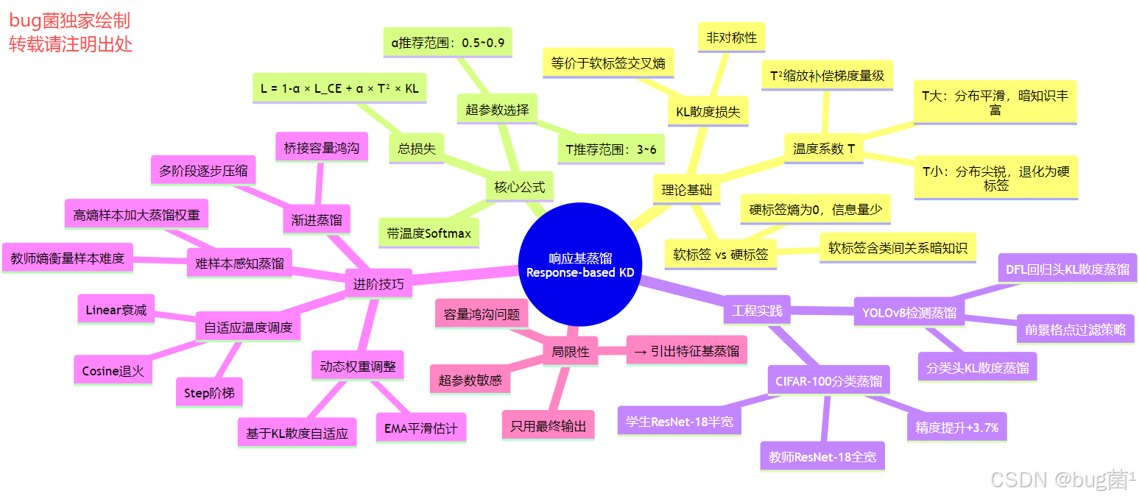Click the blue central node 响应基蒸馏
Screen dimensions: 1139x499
pos(580,265)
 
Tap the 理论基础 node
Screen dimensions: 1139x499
pos(686,189)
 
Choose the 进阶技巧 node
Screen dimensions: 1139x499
pos(378,283)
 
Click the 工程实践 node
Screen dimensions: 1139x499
pos(757,310)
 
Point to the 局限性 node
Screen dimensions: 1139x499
pos(571,352)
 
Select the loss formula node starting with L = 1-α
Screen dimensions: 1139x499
pos(339,88)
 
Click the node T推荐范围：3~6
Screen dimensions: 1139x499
pos(610,149)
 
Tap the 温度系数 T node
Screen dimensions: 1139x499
pos(823,149)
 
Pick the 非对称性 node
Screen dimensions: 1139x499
pos(731,37)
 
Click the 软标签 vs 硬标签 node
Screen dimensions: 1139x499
pos(720,255)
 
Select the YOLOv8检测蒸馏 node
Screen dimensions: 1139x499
pos(909,313)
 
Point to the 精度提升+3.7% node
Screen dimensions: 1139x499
pos(956,427)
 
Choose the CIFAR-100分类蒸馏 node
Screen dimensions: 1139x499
pos(828,381)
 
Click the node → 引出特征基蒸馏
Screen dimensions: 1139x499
pos(686,351)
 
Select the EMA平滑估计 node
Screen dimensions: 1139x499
pos(420,428)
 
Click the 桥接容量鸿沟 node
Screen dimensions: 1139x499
pos(321,148)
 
